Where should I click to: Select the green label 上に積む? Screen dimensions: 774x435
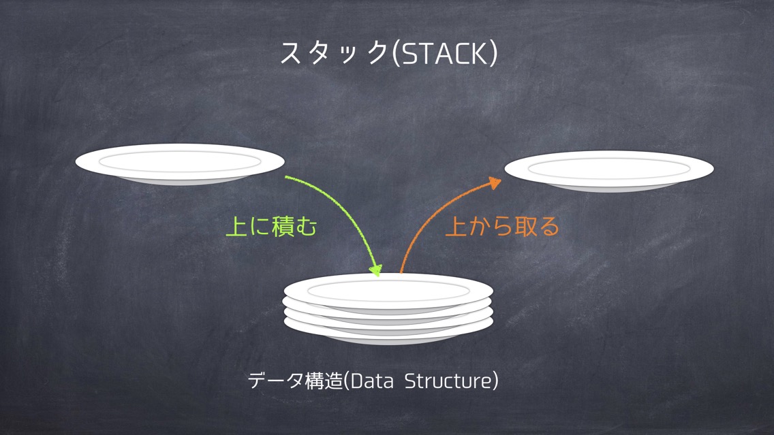click(x=271, y=227)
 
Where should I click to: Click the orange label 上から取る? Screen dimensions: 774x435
click(x=502, y=227)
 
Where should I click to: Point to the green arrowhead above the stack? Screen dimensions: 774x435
click(x=376, y=270)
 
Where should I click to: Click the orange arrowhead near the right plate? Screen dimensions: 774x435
click(x=494, y=182)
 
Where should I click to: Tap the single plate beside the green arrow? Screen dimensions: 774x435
click(x=180, y=164)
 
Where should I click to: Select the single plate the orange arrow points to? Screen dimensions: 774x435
click(x=608, y=171)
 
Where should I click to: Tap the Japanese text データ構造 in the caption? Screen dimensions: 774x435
click(x=295, y=381)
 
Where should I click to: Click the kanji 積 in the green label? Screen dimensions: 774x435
click(x=283, y=227)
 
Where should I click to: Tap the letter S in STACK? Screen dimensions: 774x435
click(x=410, y=54)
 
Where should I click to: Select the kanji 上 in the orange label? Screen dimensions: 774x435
click(x=456, y=227)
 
